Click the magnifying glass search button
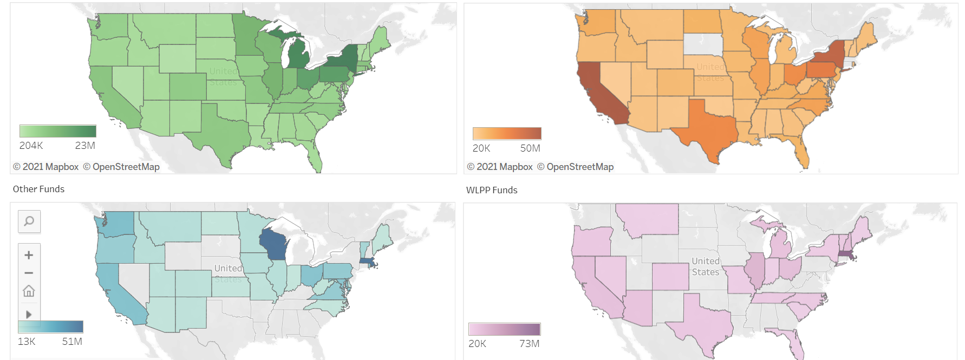(29, 221)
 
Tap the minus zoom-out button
(29, 273)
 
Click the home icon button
(29, 291)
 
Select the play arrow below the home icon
(29, 314)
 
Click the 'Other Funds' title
(38, 189)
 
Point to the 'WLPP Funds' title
(492, 190)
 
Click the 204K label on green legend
(31, 146)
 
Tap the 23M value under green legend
(85, 146)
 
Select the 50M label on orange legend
(530, 148)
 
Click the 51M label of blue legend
(72, 342)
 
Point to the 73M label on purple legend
(529, 344)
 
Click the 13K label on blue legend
(27, 342)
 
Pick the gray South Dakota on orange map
(703, 44)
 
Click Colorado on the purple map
(670, 276)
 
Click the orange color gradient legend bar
(507, 134)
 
